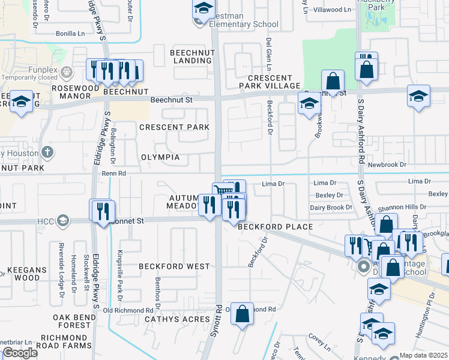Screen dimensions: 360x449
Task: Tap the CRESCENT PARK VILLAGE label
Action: (273, 82)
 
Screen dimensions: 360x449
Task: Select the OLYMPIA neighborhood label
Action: (160, 157)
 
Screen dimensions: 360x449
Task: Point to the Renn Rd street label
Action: (113, 173)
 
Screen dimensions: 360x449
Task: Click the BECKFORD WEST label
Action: (174, 266)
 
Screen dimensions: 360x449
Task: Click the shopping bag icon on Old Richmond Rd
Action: (241, 314)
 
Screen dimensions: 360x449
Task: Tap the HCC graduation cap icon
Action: (61, 220)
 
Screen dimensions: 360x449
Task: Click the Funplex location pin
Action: (66, 73)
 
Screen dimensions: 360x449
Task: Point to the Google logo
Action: (20, 353)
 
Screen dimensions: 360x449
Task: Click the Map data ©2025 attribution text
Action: (423, 355)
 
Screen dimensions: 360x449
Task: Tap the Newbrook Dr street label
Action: (387, 164)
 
